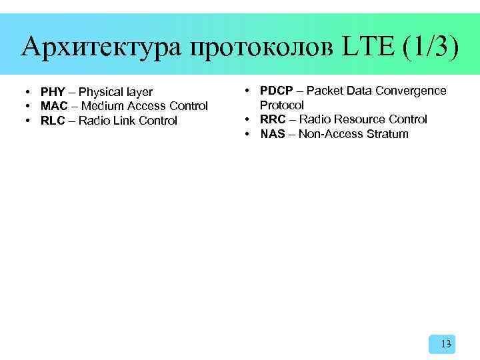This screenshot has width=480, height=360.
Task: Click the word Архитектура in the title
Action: coord(99,47)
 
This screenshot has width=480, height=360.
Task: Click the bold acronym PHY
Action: coord(53,92)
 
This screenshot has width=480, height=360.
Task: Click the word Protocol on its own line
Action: coord(281,105)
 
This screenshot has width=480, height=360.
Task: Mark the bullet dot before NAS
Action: coord(247,134)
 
